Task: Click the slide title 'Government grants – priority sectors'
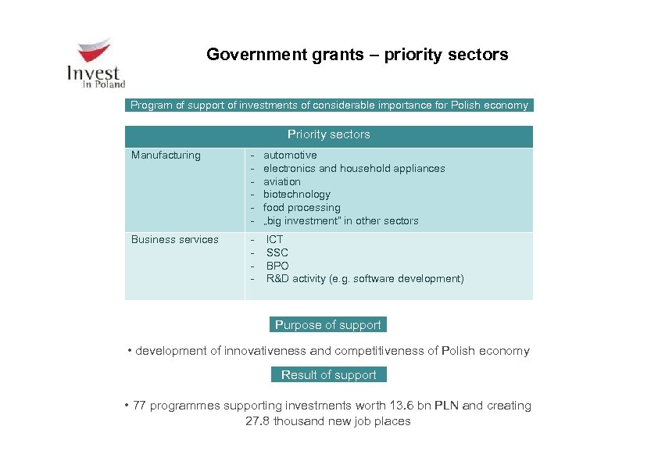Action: pyautogui.click(x=357, y=55)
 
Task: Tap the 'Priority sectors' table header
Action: pyautogui.click(x=328, y=135)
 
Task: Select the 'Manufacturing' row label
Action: pyautogui.click(x=166, y=156)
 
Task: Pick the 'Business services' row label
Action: pyautogui.click(x=174, y=240)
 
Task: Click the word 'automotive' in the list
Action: pyautogui.click(x=290, y=156)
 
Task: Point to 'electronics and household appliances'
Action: pyautogui.click(x=354, y=169)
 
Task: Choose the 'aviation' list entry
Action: pyautogui.click(x=281, y=182)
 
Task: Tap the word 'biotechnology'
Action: pyautogui.click(x=296, y=195)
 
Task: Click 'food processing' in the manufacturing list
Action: pyautogui.click(x=302, y=208)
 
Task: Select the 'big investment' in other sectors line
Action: pyautogui.click(x=341, y=221)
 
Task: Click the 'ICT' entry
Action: pyautogui.click(x=275, y=240)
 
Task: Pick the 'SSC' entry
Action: pyautogui.click(x=277, y=253)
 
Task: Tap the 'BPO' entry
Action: pyautogui.click(x=277, y=266)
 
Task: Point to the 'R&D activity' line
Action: pyautogui.click(x=365, y=279)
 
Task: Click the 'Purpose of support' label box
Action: pyautogui.click(x=328, y=325)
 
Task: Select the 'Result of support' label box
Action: pyautogui.click(x=328, y=375)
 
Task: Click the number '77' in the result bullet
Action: pyautogui.click(x=138, y=406)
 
